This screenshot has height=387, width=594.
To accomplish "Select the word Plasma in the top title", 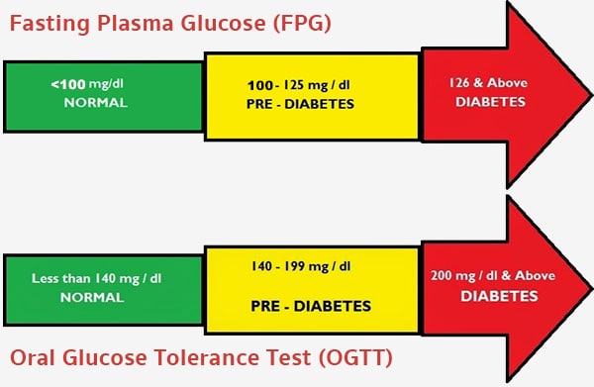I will pyautogui.click(x=136, y=22).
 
